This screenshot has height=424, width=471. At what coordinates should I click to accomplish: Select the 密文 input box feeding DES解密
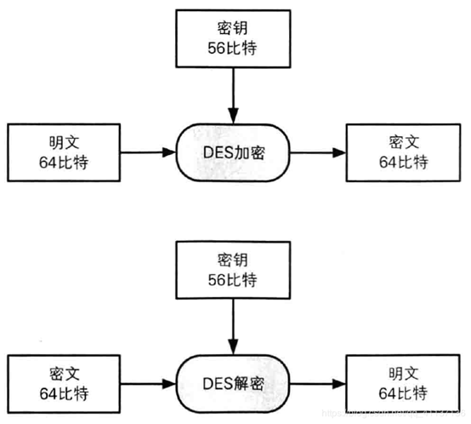point(61,380)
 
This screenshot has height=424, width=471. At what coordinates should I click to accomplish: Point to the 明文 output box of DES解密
point(402,380)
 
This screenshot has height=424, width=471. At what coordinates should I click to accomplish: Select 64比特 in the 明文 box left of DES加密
point(61,163)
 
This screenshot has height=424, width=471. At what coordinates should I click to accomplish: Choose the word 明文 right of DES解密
point(402,370)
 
